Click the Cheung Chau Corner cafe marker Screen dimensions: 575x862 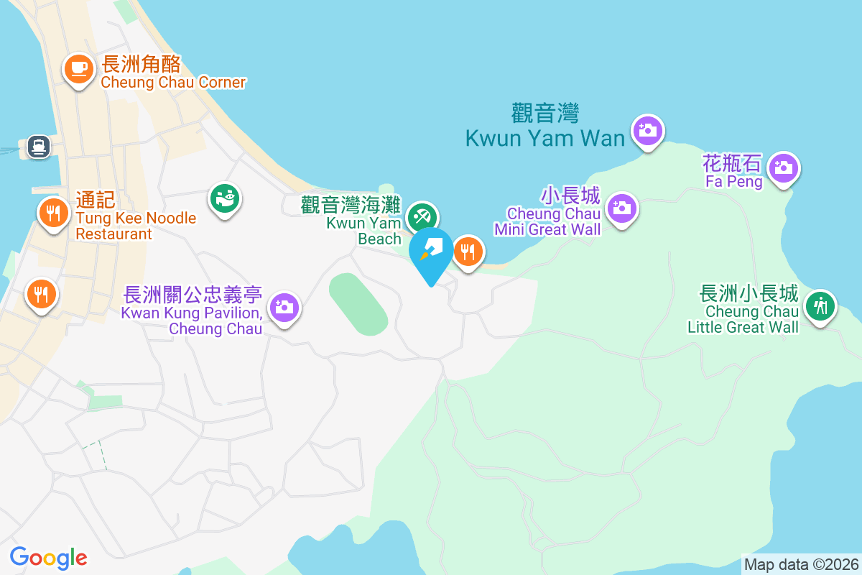click(x=78, y=68)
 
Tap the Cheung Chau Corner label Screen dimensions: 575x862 click(x=173, y=73)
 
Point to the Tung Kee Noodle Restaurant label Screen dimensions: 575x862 click(x=136, y=215)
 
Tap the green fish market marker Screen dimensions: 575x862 click(x=225, y=198)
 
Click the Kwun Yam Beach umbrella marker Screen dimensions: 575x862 click(x=422, y=216)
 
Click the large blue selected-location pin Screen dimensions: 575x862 click(x=431, y=253)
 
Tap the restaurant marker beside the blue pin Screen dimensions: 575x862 click(x=468, y=252)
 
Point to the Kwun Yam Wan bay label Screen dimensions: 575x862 click(x=545, y=125)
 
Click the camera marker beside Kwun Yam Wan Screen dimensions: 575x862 click(x=647, y=131)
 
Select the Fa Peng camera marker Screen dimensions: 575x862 click(x=783, y=169)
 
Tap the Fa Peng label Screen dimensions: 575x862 click(x=733, y=172)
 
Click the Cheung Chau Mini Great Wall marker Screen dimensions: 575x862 click(x=622, y=209)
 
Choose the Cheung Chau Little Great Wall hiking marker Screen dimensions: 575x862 click(x=820, y=306)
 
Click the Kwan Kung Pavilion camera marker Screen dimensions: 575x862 click(x=284, y=308)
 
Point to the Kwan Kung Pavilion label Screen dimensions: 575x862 click(x=193, y=311)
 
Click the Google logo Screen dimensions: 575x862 click(x=49, y=557)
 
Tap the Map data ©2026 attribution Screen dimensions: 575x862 click(x=801, y=564)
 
